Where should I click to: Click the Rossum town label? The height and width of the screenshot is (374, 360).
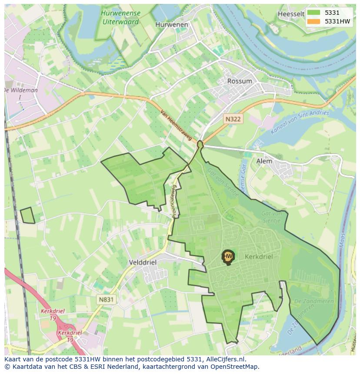coord(240,81)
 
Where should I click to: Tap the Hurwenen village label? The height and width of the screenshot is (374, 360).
coord(172,25)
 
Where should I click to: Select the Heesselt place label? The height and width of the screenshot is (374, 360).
coord(290,14)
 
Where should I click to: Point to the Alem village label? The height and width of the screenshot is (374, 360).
coord(264,161)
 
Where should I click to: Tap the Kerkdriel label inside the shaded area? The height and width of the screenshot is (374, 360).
coord(259,257)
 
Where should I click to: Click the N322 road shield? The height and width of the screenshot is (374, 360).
coord(233,119)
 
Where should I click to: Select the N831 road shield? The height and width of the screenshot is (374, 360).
coord(106,299)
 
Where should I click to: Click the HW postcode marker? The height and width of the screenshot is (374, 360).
coord(228,256)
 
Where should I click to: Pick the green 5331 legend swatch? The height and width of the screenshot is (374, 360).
coord(313,13)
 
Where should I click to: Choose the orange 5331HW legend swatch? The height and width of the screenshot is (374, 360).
coord(313,21)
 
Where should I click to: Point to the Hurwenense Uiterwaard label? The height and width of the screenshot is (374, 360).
coord(120,17)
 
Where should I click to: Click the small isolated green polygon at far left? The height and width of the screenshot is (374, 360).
coord(27,215)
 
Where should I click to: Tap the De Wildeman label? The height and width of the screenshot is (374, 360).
coord(21,90)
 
